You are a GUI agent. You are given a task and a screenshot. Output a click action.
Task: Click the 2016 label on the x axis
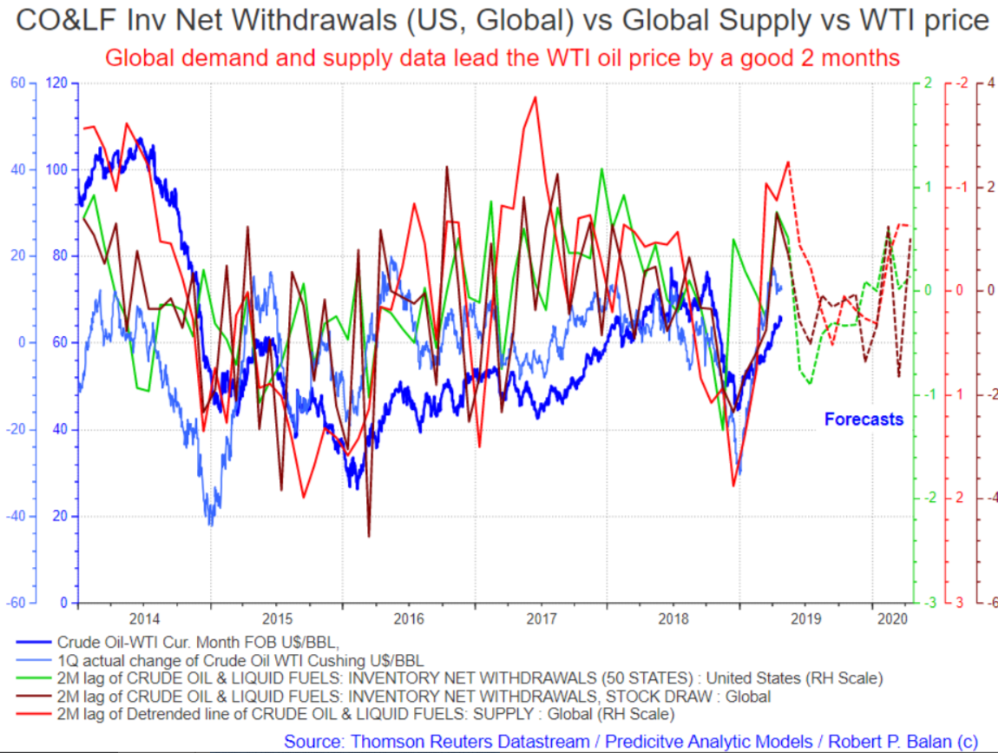tap(409, 618)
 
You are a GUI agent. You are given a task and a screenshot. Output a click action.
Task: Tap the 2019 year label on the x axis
tap(806, 618)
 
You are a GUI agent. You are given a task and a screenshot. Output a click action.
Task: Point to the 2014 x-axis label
tap(144, 618)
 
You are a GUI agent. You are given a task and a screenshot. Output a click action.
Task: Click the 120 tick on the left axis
tap(56, 83)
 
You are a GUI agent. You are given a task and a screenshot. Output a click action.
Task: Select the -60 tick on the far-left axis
tap(16, 603)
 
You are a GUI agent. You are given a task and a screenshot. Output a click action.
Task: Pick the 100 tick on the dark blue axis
tap(56, 169)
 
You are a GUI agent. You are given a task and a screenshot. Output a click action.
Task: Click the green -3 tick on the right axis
tap(929, 603)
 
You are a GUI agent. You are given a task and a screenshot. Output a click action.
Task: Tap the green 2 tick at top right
tap(928, 83)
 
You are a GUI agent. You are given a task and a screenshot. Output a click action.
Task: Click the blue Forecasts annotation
tap(863, 419)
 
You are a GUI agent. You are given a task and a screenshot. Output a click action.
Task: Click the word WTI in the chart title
tap(887, 20)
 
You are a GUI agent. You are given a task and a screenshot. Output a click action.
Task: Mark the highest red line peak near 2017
tap(535, 97)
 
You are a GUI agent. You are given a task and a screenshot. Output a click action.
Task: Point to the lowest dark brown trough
tap(369, 536)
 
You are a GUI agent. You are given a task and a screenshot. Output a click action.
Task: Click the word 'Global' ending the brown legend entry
tap(748, 697)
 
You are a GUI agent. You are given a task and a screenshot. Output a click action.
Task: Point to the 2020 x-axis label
tap(892, 618)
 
